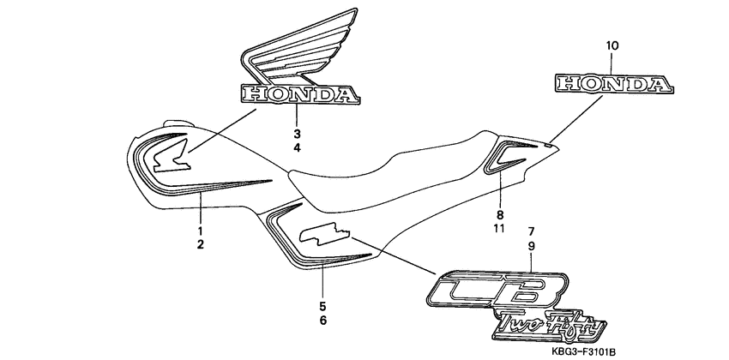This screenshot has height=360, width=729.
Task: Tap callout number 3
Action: (x=297, y=134)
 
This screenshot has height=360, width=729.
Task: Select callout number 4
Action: (x=297, y=148)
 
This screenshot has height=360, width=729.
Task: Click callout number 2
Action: (x=201, y=246)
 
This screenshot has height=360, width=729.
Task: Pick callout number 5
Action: (x=322, y=306)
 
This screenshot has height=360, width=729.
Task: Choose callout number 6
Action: (x=322, y=321)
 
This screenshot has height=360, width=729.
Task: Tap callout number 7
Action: (x=532, y=232)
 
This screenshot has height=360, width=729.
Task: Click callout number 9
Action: (x=532, y=246)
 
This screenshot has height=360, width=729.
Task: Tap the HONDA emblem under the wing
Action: (x=297, y=94)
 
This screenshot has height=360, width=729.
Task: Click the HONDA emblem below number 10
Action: (x=612, y=83)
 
